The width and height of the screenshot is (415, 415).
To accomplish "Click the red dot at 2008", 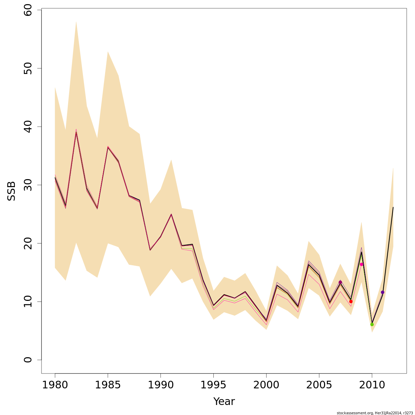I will click(351, 302).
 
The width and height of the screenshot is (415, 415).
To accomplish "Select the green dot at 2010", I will click(372, 324).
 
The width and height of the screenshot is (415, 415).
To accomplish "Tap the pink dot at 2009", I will click(361, 264).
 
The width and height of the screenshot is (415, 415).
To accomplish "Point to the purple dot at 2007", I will click(340, 282).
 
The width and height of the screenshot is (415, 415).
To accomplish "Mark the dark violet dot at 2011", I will click(382, 292).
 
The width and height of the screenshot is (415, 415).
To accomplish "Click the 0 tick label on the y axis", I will click(28, 360).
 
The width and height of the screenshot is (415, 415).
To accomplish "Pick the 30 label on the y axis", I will click(28, 185).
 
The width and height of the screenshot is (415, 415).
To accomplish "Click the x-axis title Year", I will click(224, 402).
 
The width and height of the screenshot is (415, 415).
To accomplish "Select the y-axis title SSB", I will click(11, 191).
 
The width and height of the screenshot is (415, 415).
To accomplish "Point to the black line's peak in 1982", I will click(76, 133).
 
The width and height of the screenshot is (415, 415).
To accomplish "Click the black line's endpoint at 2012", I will click(393, 207).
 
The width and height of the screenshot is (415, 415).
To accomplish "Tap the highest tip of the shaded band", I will click(76, 21).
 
